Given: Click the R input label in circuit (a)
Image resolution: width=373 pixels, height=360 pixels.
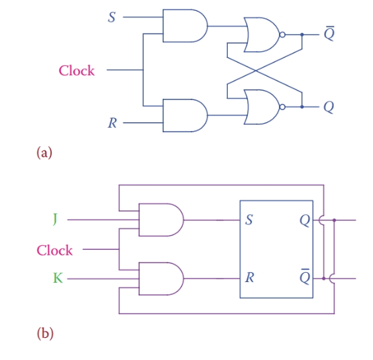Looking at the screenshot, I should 113,123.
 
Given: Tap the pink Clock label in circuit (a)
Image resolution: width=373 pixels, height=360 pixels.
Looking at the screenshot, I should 77,70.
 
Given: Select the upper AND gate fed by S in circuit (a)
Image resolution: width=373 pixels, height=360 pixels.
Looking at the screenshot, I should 183,26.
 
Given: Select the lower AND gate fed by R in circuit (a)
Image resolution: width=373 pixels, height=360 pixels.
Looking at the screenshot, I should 183,115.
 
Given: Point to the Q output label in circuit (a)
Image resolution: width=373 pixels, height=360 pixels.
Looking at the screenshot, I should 328,107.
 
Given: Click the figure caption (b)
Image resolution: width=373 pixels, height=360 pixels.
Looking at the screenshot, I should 44,332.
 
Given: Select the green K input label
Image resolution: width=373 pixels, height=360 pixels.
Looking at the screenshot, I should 57,277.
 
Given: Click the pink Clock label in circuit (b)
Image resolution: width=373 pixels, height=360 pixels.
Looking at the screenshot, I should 54,250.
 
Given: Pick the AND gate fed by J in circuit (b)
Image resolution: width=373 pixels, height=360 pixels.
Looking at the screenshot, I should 159,220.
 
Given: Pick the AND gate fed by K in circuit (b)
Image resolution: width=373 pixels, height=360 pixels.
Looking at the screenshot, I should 159,277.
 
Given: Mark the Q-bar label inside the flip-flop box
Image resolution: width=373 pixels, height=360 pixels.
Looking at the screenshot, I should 304,276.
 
